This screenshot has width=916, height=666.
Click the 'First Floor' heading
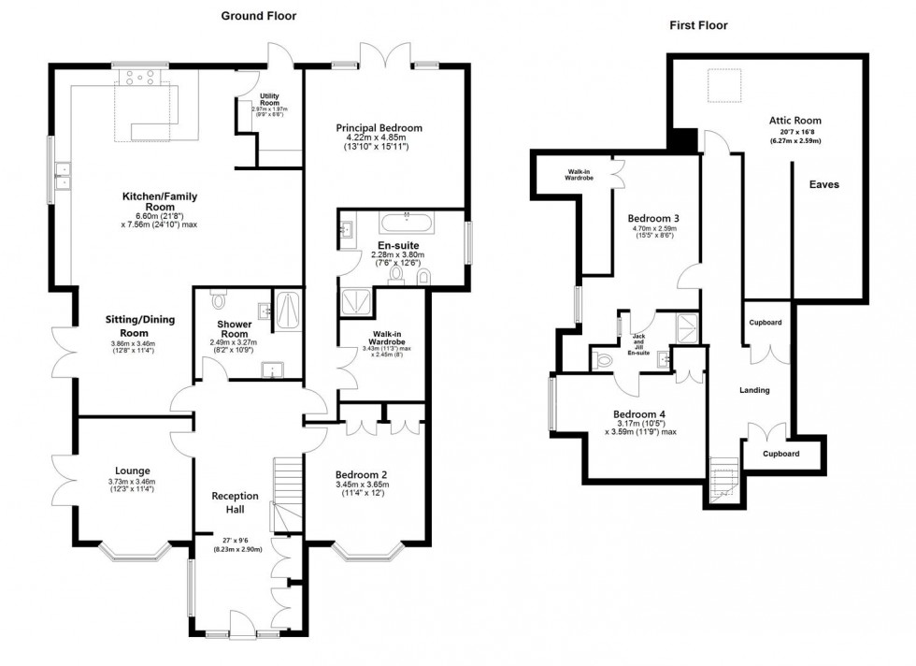[x=698, y=25]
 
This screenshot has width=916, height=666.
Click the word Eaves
[x=823, y=184]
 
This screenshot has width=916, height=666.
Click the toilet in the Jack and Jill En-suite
[x=605, y=359]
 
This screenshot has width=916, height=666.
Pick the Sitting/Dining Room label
[x=127, y=326]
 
